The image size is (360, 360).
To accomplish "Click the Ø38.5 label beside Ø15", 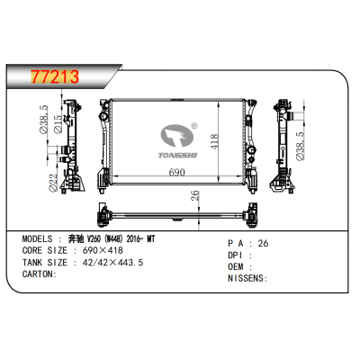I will click(43, 127).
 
